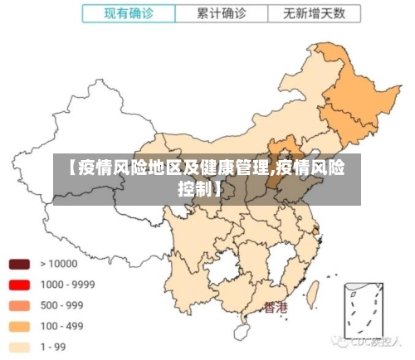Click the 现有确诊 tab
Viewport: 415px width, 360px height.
pyautogui.click(x=128, y=14)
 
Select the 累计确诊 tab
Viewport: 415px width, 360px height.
pyautogui.click(x=222, y=14)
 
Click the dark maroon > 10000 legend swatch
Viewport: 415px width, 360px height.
pyautogui.click(x=20, y=265)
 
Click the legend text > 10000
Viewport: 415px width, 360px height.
pyautogui.click(x=58, y=265)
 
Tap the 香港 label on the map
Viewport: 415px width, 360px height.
pyautogui.click(x=276, y=308)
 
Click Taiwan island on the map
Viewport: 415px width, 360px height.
pyautogui.click(x=315, y=291)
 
